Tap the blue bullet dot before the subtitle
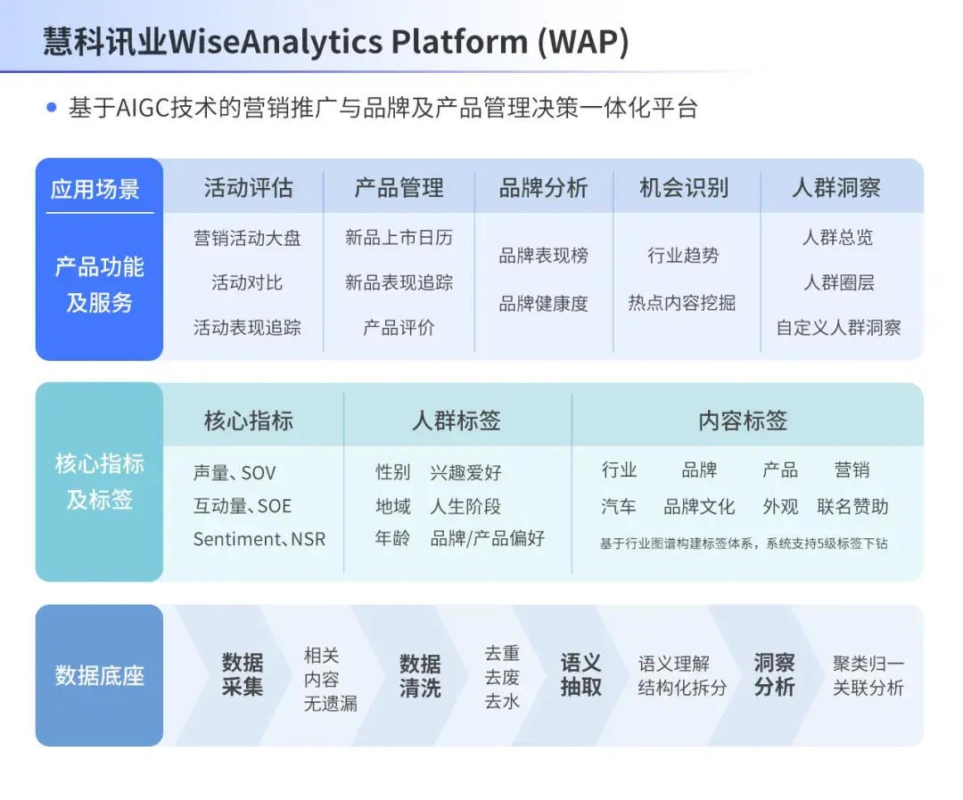(x=51, y=108)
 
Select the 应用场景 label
(x=95, y=189)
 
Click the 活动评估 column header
(x=248, y=188)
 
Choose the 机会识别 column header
(x=684, y=188)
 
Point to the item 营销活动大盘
(x=247, y=238)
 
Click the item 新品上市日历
(x=399, y=238)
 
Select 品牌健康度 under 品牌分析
(x=543, y=303)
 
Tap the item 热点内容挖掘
(x=681, y=303)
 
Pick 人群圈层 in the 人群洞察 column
(x=838, y=282)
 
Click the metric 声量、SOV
(x=235, y=472)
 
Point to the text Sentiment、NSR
(x=259, y=539)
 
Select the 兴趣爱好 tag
(x=465, y=472)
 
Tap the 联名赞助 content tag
(x=852, y=506)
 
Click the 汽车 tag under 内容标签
(x=619, y=506)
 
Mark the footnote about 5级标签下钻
(x=744, y=542)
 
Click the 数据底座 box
(x=99, y=675)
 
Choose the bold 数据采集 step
(x=243, y=675)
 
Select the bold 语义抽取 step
(x=580, y=675)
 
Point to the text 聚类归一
(x=868, y=664)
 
